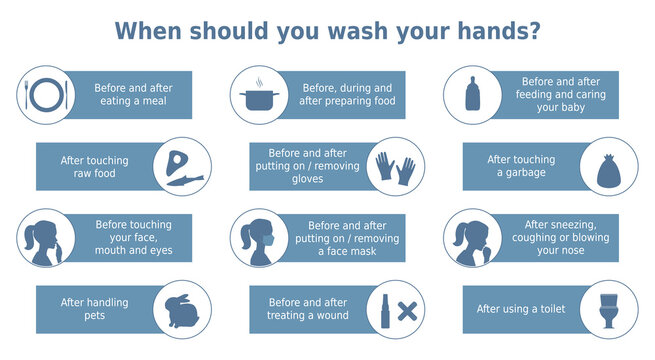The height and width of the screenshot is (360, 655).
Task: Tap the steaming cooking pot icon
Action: pos(259,95)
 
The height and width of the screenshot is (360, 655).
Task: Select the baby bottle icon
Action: pos(472,95)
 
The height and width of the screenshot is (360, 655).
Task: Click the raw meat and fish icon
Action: pos(183,166)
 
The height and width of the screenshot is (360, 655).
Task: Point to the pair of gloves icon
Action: pos(396,166)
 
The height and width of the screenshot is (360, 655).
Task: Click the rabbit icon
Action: pos(183,309)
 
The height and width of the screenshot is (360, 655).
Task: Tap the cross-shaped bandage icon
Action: pos(406,310)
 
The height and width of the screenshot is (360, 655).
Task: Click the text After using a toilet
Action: pos(521,309)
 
